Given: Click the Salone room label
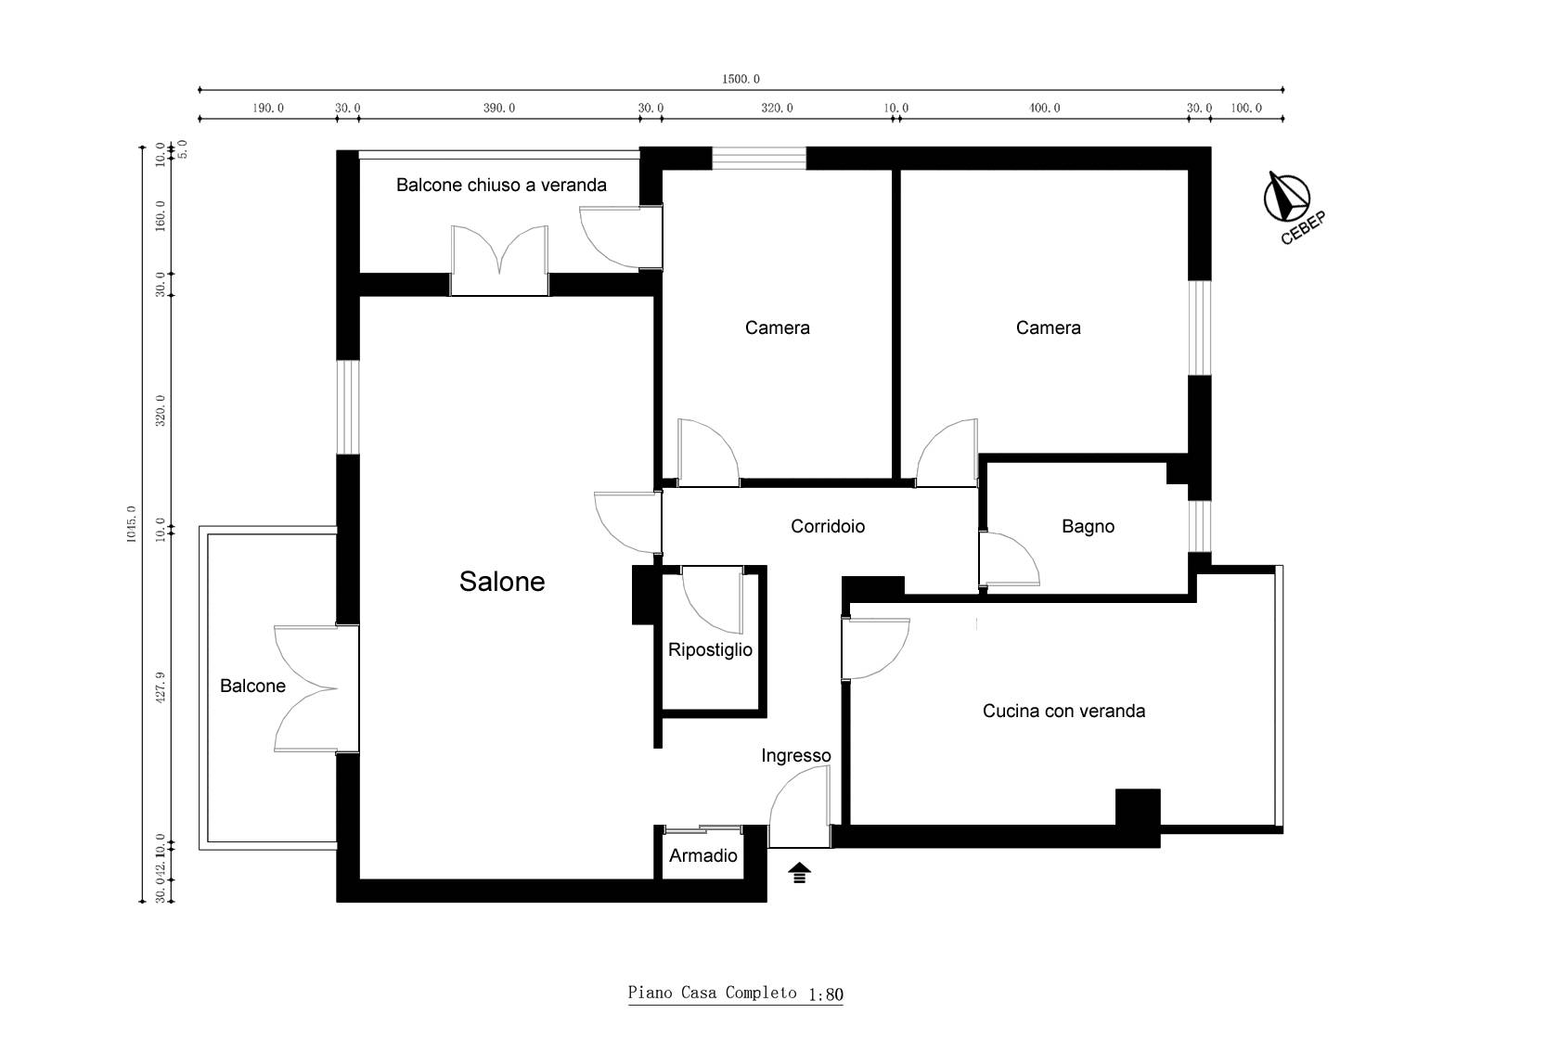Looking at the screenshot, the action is (502, 581).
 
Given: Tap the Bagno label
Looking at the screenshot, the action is (1088, 526).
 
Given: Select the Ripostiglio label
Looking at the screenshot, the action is (710, 650).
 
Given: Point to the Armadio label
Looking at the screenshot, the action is (703, 855).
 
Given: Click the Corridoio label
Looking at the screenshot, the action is (828, 526).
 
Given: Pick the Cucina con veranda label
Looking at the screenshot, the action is (1063, 711).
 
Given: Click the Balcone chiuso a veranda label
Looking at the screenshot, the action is (501, 185).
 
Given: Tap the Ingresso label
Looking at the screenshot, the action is (795, 756).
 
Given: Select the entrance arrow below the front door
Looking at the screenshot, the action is (799, 873).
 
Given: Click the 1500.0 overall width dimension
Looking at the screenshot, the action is (741, 80).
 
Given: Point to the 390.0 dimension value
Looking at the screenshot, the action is (499, 108).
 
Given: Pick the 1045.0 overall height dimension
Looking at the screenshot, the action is (132, 524).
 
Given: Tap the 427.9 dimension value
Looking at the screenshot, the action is (160, 686).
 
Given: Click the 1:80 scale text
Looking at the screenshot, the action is (826, 995).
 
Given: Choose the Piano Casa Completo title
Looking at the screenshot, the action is (712, 993).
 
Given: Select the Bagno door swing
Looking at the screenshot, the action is (1010, 559).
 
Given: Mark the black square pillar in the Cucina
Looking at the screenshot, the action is (1138, 808).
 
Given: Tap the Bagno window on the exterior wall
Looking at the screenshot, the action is (1199, 526).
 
